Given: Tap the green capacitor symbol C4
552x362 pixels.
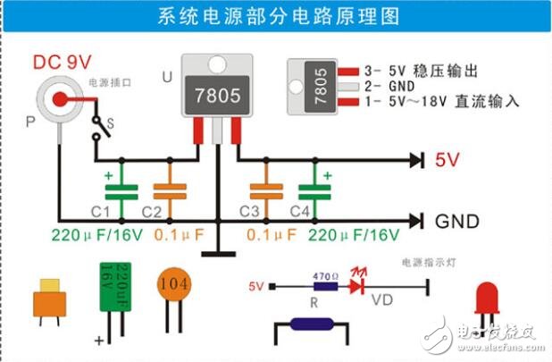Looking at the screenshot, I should pyautogui.click(x=310, y=191).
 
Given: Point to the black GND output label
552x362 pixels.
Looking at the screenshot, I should pyautogui.click(x=456, y=221).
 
